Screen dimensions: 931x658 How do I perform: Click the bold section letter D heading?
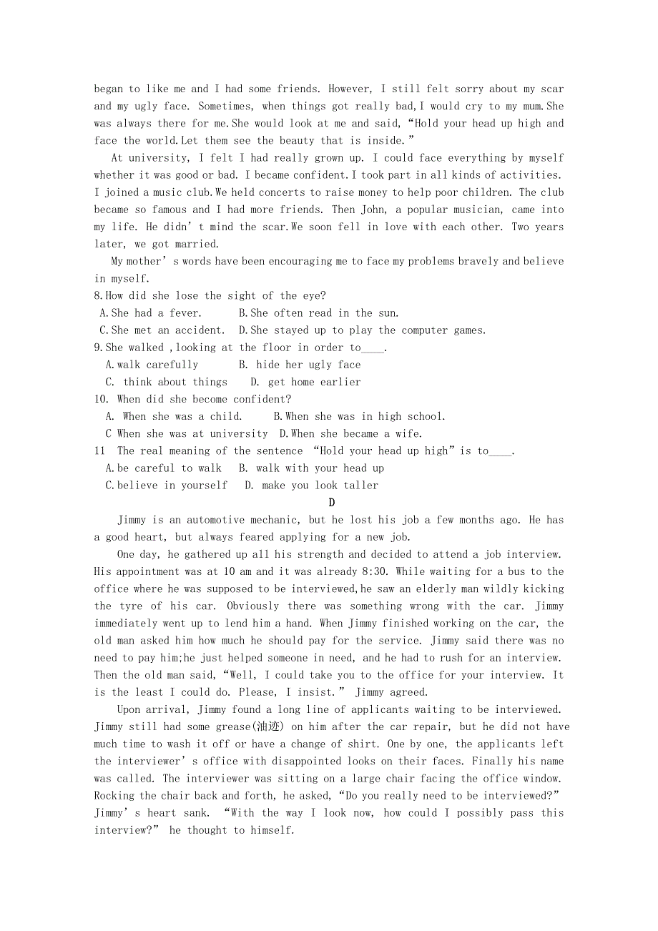(332, 503)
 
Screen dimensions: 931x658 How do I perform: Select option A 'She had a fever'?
(151, 313)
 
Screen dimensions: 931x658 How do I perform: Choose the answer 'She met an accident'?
(162, 330)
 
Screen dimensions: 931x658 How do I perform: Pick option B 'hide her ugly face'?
(300, 365)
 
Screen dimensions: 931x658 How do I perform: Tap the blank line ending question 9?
(373, 348)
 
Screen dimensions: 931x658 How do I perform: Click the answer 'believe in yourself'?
(167, 486)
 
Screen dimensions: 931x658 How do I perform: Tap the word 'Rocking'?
(114, 796)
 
